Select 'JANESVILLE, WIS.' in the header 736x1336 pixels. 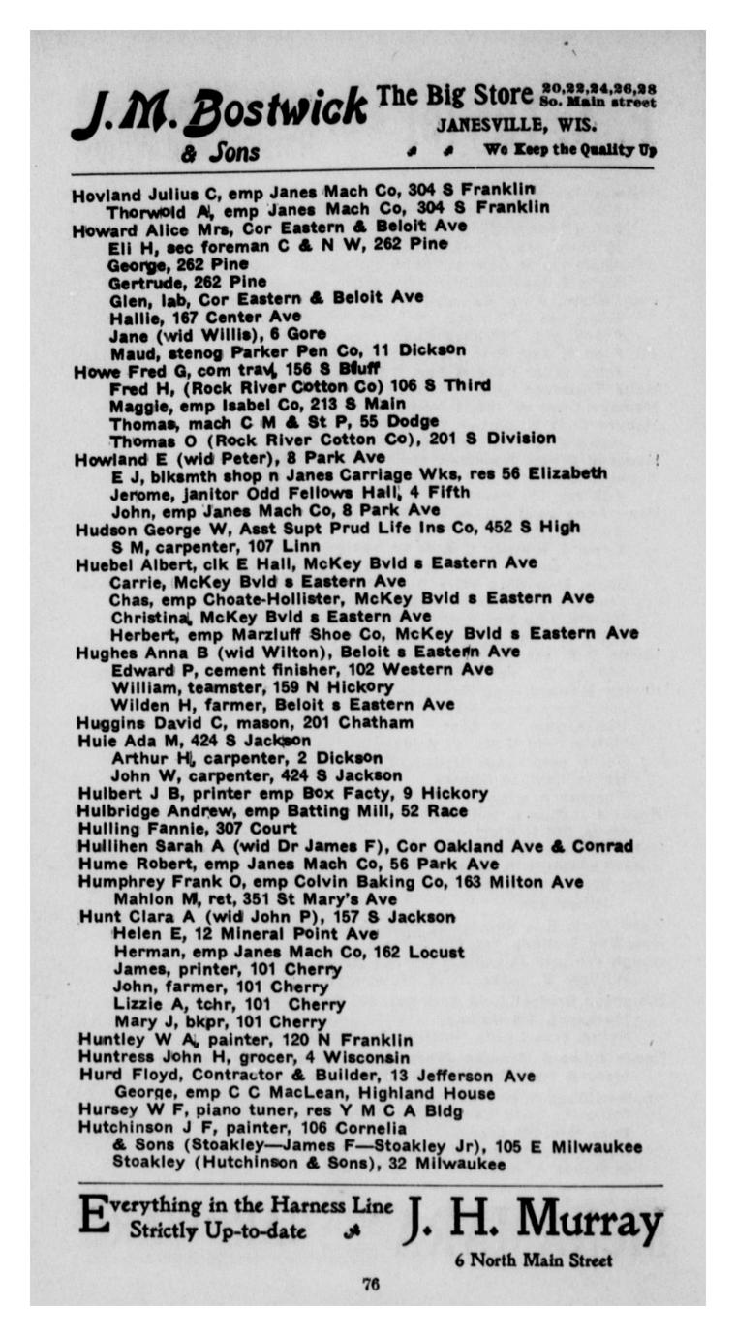point(515,125)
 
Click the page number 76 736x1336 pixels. point(370,1284)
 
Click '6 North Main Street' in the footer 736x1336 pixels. point(534,1260)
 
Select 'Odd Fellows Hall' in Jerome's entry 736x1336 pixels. point(335,492)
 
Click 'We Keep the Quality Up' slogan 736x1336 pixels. point(570,150)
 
